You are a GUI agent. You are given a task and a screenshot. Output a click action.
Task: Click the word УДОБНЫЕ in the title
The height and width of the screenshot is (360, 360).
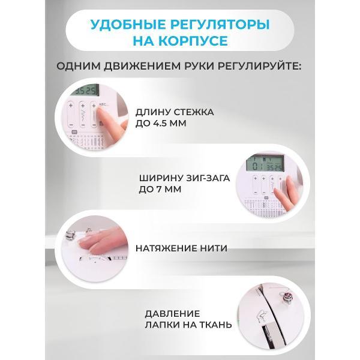coord(127,25)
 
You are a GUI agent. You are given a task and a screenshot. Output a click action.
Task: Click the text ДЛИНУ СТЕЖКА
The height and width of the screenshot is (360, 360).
coord(175,112)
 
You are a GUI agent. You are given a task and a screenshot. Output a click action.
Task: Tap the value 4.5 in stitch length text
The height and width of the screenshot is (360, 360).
coord(160,124)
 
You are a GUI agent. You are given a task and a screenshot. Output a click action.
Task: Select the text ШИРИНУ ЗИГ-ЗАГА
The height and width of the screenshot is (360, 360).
coord(184,178)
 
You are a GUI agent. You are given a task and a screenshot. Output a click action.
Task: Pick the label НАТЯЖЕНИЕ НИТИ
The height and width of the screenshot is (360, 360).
coord(181,248)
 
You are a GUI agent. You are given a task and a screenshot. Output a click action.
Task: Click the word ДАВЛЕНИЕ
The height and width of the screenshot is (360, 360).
coord(172,314)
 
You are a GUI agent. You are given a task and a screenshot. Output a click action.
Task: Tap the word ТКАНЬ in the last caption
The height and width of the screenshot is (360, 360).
coord(215,325)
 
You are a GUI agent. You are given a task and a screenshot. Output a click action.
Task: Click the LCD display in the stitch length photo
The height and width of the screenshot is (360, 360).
coord(85,90)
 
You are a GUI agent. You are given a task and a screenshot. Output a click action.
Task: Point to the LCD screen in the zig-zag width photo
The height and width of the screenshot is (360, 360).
coord(265,164)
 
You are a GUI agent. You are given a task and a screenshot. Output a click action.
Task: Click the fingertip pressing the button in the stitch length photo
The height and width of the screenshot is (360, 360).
coord(100,113)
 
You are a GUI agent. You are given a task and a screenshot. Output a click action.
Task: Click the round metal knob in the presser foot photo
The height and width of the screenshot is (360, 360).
coord(287,298)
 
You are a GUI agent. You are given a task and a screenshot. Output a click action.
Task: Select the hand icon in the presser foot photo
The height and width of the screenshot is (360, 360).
coord(262,317)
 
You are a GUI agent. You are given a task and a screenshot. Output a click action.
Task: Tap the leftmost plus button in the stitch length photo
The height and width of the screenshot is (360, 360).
coord(70,106)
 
